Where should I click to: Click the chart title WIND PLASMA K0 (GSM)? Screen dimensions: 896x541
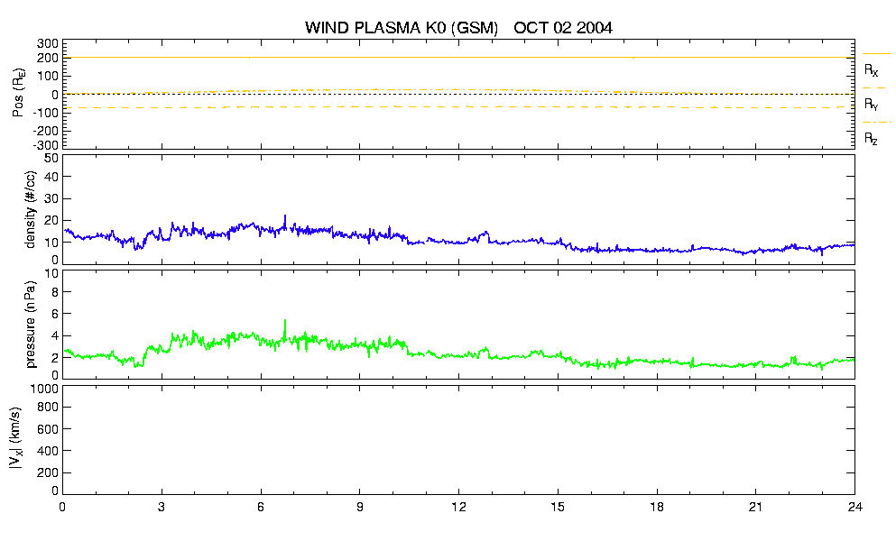[x=402, y=28]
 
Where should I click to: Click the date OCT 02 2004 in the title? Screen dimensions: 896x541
[x=563, y=28]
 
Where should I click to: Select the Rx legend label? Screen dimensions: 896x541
[x=871, y=70]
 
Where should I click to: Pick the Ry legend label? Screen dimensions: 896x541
[x=871, y=105]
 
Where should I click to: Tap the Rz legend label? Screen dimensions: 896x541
[x=871, y=139]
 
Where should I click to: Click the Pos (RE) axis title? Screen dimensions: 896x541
[x=19, y=93]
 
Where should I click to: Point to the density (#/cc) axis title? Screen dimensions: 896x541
[x=31, y=209]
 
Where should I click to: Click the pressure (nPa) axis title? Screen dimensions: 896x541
[x=31, y=324]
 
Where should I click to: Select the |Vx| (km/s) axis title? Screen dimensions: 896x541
[x=16, y=439]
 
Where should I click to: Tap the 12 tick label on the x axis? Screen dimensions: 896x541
[x=458, y=508]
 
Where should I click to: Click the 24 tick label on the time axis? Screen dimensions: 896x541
[x=854, y=508]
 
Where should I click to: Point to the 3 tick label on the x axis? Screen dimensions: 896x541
[x=162, y=508]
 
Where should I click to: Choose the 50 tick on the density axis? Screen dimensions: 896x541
[x=51, y=159]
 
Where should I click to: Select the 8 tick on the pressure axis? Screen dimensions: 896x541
[x=55, y=292]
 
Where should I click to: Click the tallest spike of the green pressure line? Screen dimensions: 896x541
[x=285, y=320]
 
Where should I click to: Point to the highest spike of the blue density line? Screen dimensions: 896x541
[x=285, y=215]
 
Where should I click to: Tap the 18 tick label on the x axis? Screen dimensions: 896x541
[x=657, y=508]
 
